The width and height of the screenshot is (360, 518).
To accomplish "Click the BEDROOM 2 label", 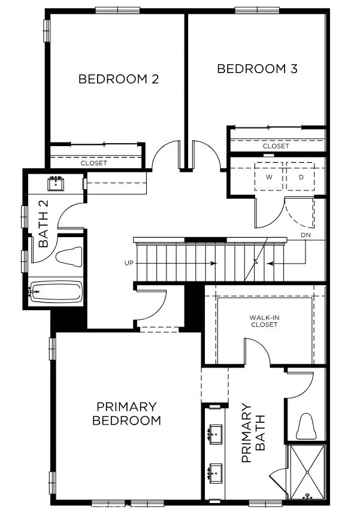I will tap(119, 79).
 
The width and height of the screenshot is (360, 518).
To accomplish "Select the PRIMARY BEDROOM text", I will tap(126, 413).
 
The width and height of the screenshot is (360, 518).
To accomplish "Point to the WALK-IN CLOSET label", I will tap(264, 321).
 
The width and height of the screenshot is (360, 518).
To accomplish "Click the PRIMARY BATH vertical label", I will tap(252, 432).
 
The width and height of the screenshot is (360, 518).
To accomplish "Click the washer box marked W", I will tap(270, 177).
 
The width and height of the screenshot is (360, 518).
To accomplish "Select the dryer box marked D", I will tap(301, 177).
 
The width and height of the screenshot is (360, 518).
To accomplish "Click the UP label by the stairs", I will tap(128, 263).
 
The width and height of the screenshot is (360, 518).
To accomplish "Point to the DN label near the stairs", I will tap(306, 235).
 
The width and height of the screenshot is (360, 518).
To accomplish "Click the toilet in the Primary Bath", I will tap(305, 426).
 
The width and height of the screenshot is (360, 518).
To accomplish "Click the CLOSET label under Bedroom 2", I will tap(94, 163).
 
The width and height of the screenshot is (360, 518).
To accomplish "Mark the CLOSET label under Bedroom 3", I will tap(276, 146).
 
